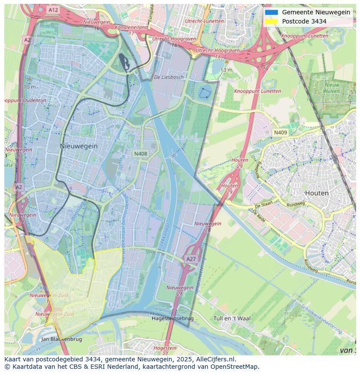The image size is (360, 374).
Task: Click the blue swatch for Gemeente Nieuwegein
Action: coord(271,12)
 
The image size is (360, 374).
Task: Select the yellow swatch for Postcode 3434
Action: coord(271,21)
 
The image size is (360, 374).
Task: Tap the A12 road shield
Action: coord(53,10)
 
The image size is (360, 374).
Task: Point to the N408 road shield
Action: coord(140,154)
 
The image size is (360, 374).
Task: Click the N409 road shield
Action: coord(280,132)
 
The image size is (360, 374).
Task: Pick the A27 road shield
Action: coord(191,259)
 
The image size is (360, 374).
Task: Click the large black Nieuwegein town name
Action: coord(79,146)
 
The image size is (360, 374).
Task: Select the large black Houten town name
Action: coord(317,193)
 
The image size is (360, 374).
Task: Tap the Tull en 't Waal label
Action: coord(232,318)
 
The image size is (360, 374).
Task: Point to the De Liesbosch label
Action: coord(169,77)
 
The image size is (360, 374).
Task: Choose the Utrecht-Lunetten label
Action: coord(204,21)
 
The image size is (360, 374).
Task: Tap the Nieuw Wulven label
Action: coord(332,88)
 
